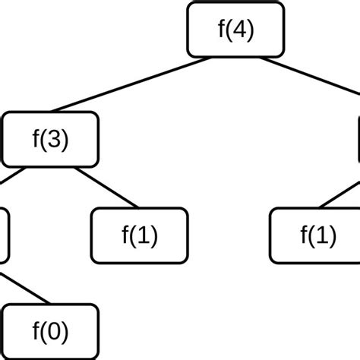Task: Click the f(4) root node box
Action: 235,29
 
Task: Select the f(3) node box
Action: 50,140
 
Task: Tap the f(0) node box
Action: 50,332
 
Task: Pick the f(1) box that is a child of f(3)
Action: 139,235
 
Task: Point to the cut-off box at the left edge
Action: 4,235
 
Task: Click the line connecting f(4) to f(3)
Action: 129,84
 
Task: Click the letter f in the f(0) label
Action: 36,332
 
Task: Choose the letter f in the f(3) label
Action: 36,140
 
